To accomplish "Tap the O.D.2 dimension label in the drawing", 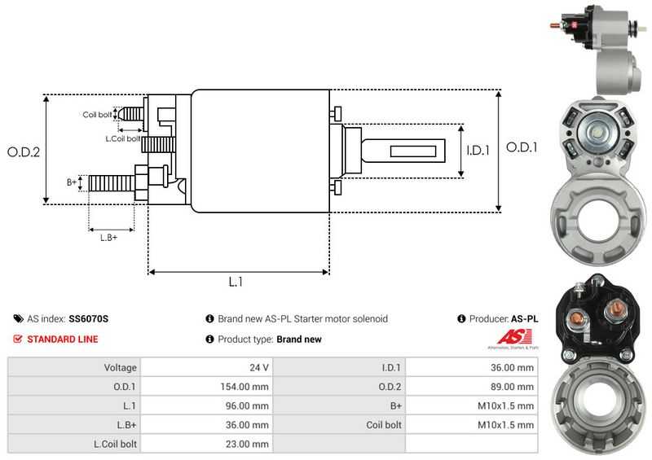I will coord(24,151).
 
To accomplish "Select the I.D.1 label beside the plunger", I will coord(478,151).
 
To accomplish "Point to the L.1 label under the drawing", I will coord(236,283).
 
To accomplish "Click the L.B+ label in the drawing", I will coord(108,237).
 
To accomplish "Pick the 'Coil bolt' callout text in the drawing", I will coord(97,115).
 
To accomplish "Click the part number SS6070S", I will coord(89,319).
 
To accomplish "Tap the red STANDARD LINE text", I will coord(67,339).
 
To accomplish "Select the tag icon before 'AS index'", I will coord(18,319).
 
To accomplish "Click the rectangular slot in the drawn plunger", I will coord(416,151).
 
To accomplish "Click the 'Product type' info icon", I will coord(210,339).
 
